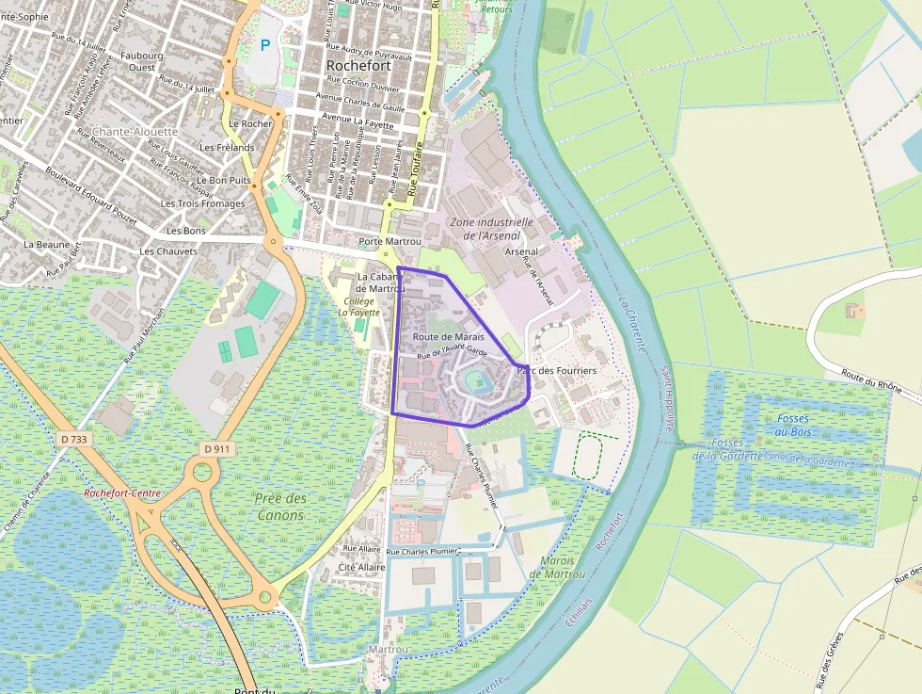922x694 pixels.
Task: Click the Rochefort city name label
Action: pyautogui.click(x=358, y=66)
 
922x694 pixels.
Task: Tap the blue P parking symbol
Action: pyautogui.click(x=265, y=44)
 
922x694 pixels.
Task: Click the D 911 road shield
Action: pyautogui.click(x=215, y=449)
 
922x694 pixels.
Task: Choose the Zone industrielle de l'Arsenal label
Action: pyautogui.click(x=491, y=229)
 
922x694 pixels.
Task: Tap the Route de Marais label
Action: pyautogui.click(x=448, y=336)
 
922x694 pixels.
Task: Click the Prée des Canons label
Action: pyautogui.click(x=280, y=507)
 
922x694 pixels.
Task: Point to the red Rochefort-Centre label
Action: pyautogui.click(x=122, y=492)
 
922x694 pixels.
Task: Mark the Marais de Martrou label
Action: pyautogui.click(x=563, y=567)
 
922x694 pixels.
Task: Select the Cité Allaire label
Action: pyautogui.click(x=362, y=567)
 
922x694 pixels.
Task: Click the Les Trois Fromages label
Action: pyautogui.click(x=202, y=203)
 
